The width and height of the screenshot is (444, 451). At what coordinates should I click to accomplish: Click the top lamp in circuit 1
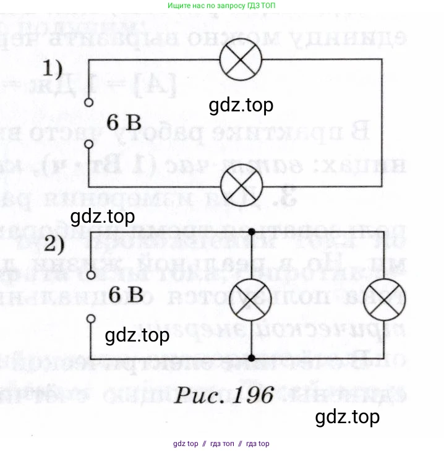point(242,60)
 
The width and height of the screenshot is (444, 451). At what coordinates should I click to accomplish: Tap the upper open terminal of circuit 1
point(89,103)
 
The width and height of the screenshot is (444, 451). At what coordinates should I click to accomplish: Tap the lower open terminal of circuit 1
point(89,144)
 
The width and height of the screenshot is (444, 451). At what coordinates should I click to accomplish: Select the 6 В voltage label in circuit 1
point(124,122)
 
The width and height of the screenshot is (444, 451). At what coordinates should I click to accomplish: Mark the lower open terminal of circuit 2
point(91,319)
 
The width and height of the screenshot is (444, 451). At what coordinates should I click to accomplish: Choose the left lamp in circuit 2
point(251,295)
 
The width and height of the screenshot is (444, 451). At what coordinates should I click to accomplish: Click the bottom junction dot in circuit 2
point(252,358)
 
